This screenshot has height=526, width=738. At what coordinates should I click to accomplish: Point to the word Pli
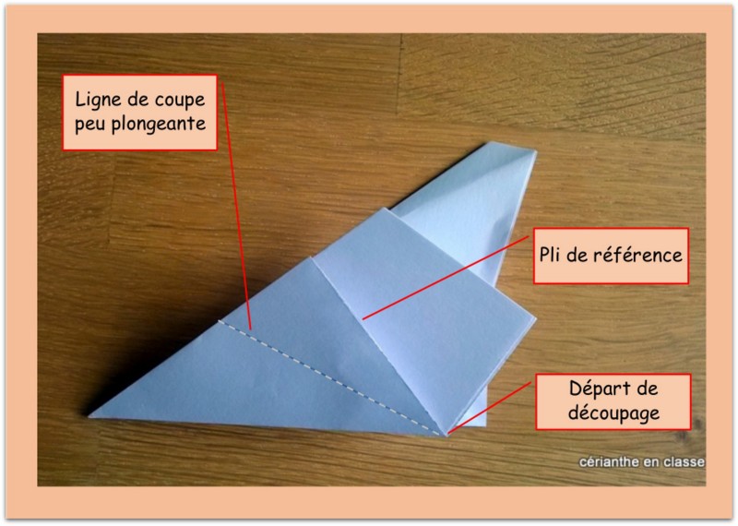(x=550, y=255)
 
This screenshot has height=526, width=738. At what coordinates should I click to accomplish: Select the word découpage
(x=613, y=413)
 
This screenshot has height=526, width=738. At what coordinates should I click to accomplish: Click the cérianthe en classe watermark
(x=642, y=462)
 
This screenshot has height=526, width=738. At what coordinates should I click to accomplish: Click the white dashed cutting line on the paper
(x=331, y=377)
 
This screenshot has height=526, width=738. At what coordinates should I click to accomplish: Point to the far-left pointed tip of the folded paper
(x=89, y=416)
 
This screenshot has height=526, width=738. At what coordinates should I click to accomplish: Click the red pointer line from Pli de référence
(x=446, y=278)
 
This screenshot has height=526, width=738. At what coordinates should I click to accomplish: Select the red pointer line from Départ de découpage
(x=490, y=408)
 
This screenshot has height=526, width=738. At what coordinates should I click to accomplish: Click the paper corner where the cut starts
(x=446, y=435)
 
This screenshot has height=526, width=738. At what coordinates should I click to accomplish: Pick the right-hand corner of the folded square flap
(x=535, y=319)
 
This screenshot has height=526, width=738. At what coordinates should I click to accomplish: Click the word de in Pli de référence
(x=577, y=255)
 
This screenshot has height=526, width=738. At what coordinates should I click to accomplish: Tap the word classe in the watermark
(x=684, y=462)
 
